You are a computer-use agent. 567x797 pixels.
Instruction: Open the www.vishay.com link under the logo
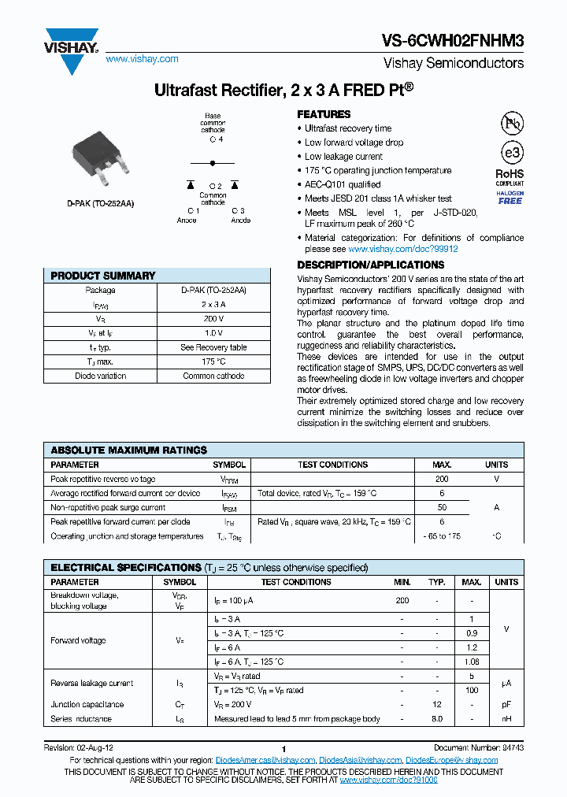142,59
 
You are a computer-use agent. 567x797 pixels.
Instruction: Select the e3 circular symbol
512,153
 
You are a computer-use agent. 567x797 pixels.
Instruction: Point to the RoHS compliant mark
510,177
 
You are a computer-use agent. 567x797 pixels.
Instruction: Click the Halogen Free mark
510,198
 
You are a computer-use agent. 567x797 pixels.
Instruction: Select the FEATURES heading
324,114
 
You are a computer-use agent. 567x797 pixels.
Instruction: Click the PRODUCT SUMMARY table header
103,276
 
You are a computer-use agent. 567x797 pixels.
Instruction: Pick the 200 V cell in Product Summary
213,319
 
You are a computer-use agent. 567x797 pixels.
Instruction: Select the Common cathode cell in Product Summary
213,376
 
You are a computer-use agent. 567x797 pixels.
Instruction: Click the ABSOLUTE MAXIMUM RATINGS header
128,450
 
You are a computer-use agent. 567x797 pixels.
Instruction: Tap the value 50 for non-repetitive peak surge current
442,508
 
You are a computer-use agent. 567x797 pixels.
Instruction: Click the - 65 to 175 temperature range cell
442,536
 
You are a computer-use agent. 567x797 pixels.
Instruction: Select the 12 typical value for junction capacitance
437,705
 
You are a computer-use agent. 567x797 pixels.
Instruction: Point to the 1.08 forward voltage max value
471,662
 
